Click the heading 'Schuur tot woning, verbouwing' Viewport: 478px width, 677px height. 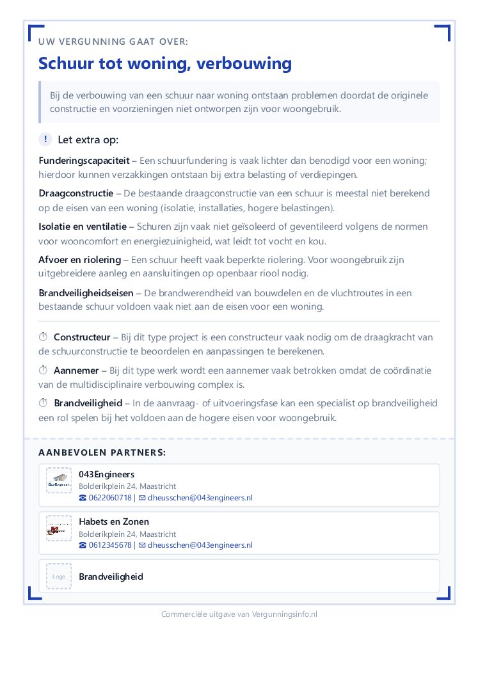(x=165, y=63)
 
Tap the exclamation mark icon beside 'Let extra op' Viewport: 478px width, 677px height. (x=45, y=139)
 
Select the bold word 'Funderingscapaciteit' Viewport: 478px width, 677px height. (x=84, y=160)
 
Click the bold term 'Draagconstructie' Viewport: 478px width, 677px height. (x=76, y=193)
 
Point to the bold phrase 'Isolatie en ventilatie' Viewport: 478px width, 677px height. (x=83, y=227)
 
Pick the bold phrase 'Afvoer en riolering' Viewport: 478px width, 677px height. (x=79, y=260)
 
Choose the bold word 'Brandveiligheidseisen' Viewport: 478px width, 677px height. (x=86, y=293)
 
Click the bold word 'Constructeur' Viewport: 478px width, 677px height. (x=82, y=337)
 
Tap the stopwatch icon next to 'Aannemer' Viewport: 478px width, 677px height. (x=44, y=370)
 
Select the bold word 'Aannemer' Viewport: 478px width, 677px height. (x=76, y=370)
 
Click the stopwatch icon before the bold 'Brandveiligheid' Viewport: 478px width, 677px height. (x=44, y=404)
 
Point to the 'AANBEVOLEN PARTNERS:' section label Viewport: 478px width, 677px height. (x=102, y=452)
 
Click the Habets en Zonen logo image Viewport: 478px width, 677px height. (x=59, y=529)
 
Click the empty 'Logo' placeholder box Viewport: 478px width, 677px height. (x=59, y=577)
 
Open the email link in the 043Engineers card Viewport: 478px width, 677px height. (x=200, y=498)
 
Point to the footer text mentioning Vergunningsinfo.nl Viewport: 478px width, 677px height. (x=239, y=614)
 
